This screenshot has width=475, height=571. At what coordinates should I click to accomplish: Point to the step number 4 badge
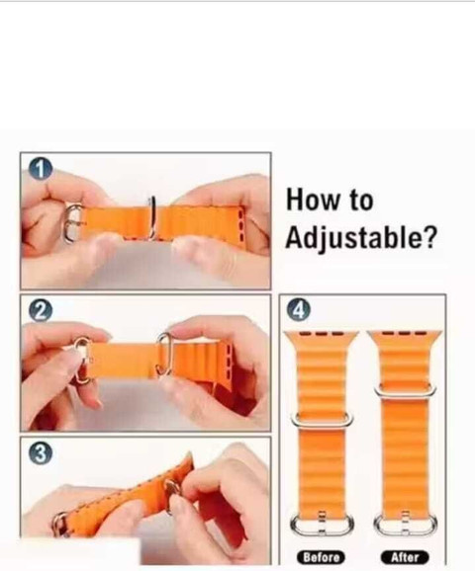pos(298,310)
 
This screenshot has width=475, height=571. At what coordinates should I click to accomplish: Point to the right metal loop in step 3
pos(173,491)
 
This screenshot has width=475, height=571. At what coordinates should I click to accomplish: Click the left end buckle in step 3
pos(62,522)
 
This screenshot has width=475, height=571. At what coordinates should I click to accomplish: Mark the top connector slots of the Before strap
pos(320,336)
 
